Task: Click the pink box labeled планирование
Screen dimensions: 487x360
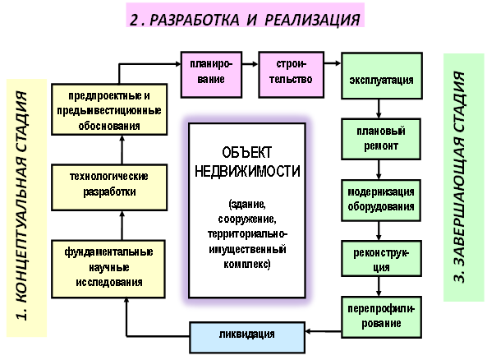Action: [211, 75]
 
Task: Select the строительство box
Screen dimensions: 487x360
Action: [291, 75]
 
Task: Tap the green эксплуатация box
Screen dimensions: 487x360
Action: [382, 76]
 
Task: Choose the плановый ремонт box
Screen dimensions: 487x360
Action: [381, 139]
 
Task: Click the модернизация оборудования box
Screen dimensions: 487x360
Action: [381, 201]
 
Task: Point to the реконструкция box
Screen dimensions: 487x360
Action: [381, 258]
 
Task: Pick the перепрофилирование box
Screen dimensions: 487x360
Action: [381, 317]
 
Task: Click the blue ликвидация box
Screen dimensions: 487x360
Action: [247, 337]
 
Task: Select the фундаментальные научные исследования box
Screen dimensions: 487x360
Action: [108, 269]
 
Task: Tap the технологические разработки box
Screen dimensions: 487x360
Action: [109, 187]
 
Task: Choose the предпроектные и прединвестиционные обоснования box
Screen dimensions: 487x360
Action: [109, 109]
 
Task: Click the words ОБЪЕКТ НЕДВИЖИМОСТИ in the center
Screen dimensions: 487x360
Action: [247, 162]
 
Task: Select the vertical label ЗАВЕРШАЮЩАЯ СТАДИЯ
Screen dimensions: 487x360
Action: [459, 178]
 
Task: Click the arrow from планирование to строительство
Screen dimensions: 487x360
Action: [250, 64]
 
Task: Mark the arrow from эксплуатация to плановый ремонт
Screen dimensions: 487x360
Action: [379, 108]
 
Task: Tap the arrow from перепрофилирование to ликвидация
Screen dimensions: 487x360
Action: [324, 331]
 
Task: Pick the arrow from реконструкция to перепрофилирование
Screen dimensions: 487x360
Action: [379, 286]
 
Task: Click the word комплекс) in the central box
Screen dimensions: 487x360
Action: [247, 264]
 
